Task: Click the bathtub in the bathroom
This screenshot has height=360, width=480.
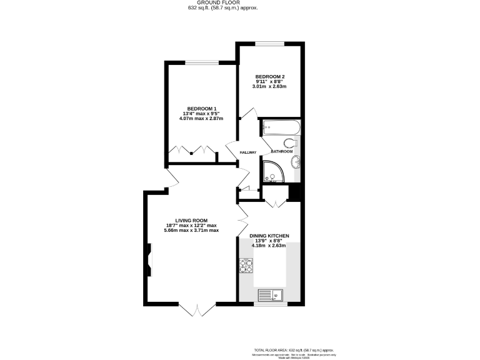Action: [x=281, y=128]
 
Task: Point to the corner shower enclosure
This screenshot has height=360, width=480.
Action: [x=274, y=171]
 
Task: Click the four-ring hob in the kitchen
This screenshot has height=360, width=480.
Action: [x=245, y=267]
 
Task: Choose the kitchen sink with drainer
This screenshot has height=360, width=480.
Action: [x=269, y=294]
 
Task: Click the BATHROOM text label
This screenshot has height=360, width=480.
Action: [x=282, y=151]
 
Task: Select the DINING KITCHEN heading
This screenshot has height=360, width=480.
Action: [x=269, y=236]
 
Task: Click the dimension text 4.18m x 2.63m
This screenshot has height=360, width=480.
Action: [x=269, y=246]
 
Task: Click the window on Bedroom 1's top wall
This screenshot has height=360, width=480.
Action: [x=200, y=62]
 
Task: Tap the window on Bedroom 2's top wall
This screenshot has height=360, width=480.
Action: [x=269, y=43]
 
